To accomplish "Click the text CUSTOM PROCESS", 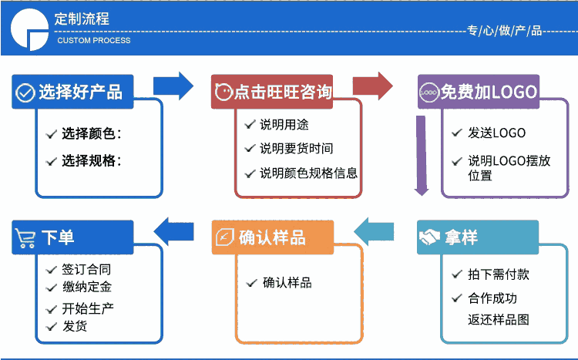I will coord(94,40).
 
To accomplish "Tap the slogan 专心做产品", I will coord(505,31).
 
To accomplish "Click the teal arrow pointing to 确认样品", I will coord(373,230).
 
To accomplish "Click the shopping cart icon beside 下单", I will coord(25,237).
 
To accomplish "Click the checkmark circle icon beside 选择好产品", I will coord(25,93).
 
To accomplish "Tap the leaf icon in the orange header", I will coord(225,237).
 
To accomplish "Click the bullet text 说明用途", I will coord(284,124).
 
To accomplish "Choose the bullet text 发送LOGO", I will coord(496,133).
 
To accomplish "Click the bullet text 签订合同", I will coord(86,270).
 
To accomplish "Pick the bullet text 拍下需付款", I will coord(499,274).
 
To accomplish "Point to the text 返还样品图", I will coord(499,319).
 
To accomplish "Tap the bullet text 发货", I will coord(75,326).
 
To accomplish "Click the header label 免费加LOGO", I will coord(489,93).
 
